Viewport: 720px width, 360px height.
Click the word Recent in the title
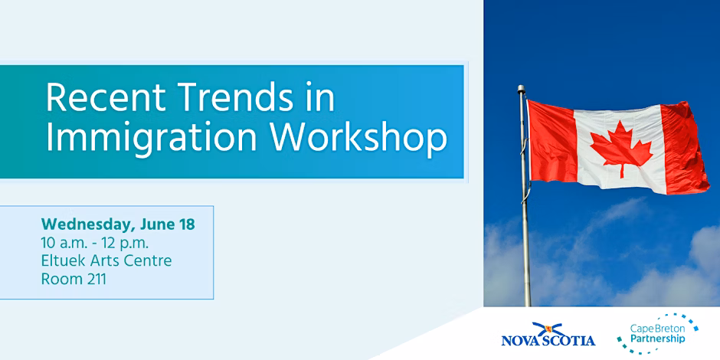[106, 99]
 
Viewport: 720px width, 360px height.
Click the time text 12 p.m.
[129, 244]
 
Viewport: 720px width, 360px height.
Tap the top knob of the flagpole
[521, 89]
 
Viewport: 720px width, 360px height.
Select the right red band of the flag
[684, 148]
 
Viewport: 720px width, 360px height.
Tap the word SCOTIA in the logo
[571, 340]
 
